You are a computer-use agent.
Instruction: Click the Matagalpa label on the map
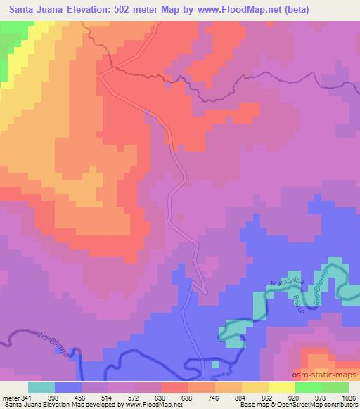click(286, 284)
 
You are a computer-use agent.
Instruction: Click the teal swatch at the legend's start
click(41, 387)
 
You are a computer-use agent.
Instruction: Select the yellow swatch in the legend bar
click(282, 387)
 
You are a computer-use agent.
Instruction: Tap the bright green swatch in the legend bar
click(309, 387)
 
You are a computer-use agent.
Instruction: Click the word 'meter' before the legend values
click(10, 396)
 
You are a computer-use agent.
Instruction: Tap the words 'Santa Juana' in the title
click(34, 8)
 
